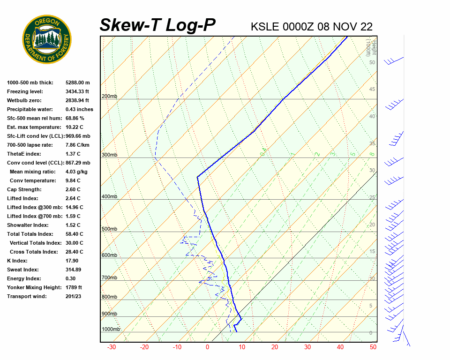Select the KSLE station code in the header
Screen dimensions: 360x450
tap(265, 26)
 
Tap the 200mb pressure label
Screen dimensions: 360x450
tap(109, 97)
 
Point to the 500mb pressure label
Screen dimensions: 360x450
tap(109, 229)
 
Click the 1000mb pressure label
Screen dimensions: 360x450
tap(111, 330)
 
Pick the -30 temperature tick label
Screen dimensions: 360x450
tap(112, 347)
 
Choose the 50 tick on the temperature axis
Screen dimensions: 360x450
tap(373, 347)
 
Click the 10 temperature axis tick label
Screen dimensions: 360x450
tap(242, 347)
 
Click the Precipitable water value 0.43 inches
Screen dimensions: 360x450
tap(79, 109)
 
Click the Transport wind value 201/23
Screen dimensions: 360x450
tap(74, 296)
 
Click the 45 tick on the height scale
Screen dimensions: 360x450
tap(372, 90)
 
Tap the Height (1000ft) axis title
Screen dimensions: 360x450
tap(368, 47)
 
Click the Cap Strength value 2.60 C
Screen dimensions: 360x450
tap(73, 189)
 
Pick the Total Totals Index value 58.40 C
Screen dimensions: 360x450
tap(75, 234)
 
